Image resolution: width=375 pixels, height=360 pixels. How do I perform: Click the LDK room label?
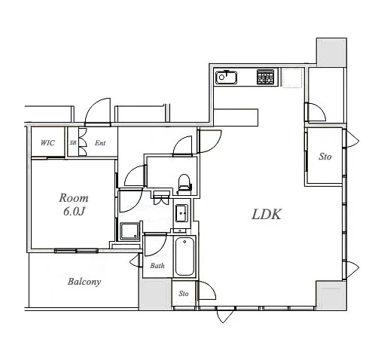coord(267,215)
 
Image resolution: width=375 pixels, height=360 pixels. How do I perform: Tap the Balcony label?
coord(84,282)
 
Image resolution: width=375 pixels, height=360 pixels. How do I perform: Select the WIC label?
coord(47,143)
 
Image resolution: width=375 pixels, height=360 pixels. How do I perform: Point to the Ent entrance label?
coord(100,143)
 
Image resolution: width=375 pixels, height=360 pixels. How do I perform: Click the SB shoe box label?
coord(73,142)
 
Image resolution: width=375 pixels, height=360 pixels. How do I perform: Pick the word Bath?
coord(157,265)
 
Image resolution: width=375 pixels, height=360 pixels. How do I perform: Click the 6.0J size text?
coord(74,212)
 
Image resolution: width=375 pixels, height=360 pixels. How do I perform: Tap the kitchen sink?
coord(227,78)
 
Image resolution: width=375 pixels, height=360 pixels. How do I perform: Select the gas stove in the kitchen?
coord(265,77)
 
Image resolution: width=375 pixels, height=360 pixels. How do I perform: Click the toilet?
coord(184,185)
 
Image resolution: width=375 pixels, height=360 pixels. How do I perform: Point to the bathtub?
coord(184,256)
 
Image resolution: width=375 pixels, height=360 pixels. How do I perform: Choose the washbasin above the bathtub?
coord(181,214)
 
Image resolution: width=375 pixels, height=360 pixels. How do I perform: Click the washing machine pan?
coord(130,231)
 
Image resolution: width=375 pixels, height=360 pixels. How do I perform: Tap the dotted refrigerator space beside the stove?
coord(292,78)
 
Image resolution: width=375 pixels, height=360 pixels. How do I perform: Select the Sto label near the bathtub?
coord(184,294)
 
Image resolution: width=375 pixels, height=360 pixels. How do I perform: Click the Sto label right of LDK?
coord(325,157)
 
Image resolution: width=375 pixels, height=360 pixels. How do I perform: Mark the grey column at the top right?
coord(331,52)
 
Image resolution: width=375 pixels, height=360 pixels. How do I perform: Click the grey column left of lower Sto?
coord(156,294)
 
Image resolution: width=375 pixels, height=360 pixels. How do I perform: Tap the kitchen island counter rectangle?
coord(236,116)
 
